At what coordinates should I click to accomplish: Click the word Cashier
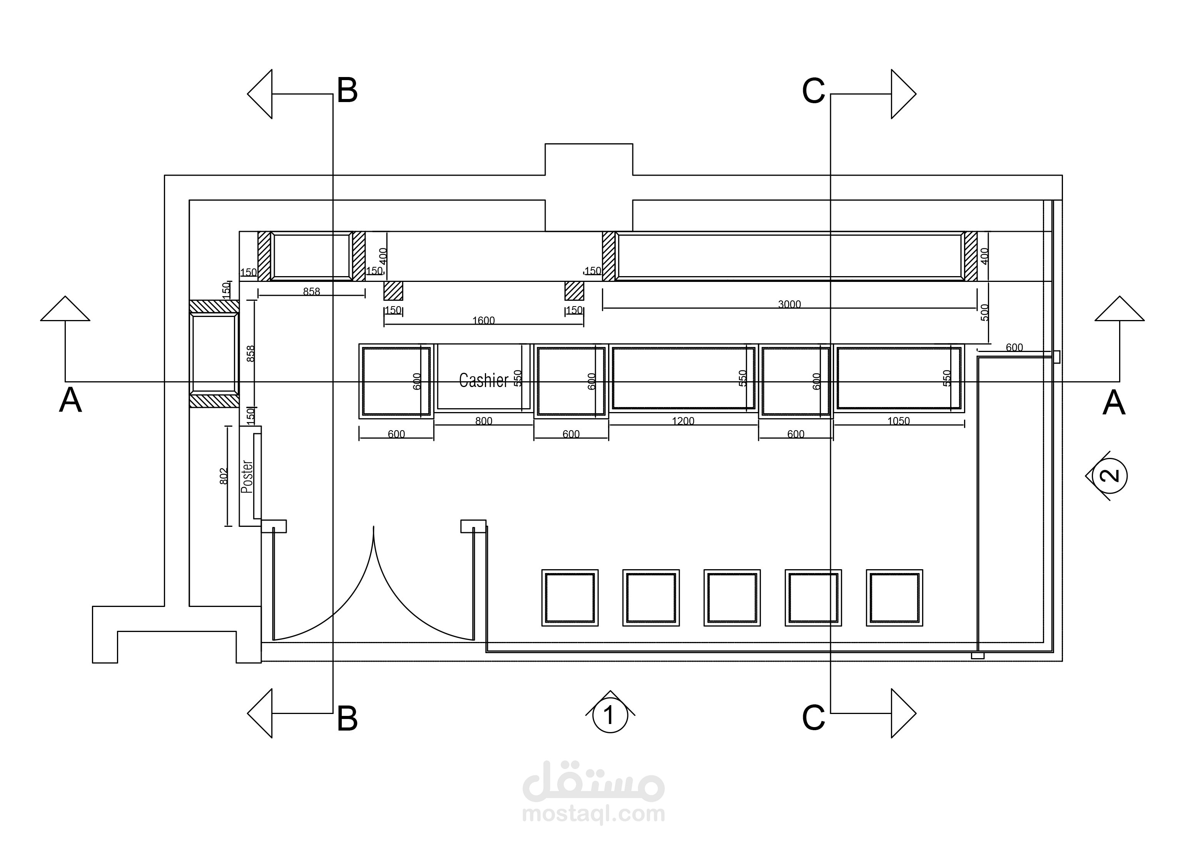coord(483,380)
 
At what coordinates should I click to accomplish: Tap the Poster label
coord(247,476)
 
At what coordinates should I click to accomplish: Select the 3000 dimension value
coord(789,304)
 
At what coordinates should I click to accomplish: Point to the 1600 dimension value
coord(483,321)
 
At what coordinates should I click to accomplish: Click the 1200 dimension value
coord(683,421)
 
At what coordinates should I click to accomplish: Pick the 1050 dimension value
coord(898,421)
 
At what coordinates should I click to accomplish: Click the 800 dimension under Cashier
coord(483,421)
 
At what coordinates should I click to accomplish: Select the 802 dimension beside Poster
coord(224,476)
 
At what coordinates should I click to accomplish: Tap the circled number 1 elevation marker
coord(610,715)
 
